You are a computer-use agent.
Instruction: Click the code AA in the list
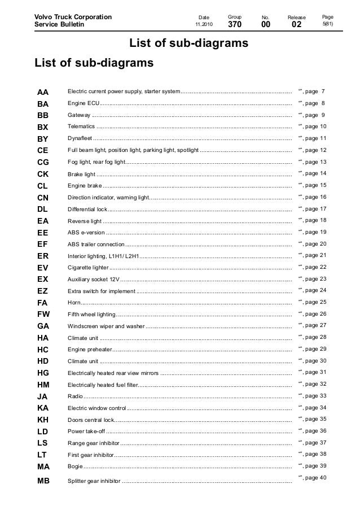pyautogui.click(x=43, y=92)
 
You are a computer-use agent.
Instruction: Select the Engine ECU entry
pyautogui.click(x=84, y=104)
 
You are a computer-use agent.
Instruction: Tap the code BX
pyautogui.click(x=43, y=127)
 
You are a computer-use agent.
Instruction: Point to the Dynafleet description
pyautogui.click(x=80, y=139)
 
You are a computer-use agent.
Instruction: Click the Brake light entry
pyautogui.click(x=82, y=174)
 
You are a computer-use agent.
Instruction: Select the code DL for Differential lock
pyautogui.click(x=43, y=209)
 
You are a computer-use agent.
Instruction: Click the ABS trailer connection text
pyautogui.click(x=96, y=244)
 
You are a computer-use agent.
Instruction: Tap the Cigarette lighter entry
pyautogui.click(x=88, y=267)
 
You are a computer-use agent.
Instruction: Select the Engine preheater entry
pyautogui.click(x=89, y=349)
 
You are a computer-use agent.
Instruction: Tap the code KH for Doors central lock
pyautogui.click(x=43, y=419)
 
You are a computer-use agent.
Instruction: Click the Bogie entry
pyautogui.click(x=74, y=466)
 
